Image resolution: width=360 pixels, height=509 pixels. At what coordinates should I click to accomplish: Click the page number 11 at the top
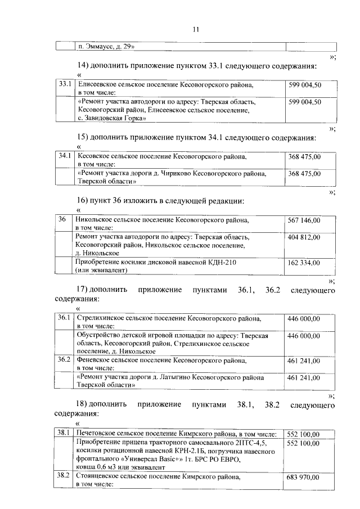(x=195, y=29)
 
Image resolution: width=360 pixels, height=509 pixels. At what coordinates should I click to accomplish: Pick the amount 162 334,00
(x=304, y=263)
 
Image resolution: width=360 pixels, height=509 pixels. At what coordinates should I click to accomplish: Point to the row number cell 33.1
(x=65, y=84)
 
